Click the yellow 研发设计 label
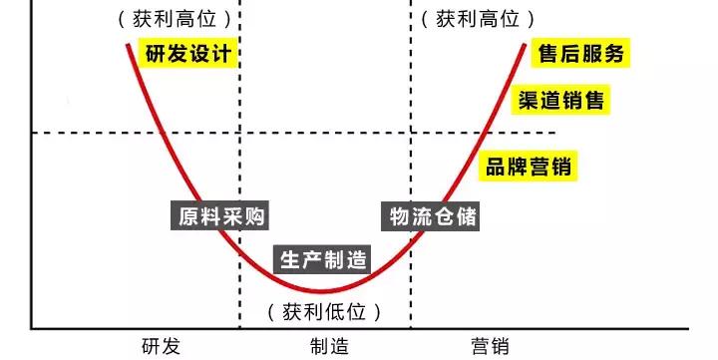point(188,53)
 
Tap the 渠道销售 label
point(560,100)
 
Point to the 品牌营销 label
point(529,167)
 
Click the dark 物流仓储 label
point(432,215)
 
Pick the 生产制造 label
point(322,260)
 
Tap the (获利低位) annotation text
point(325,311)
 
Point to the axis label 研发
point(161,346)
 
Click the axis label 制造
point(329,346)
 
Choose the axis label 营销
point(490,346)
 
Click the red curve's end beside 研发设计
point(129,45)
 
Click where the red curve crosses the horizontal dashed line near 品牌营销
point(483,133)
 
